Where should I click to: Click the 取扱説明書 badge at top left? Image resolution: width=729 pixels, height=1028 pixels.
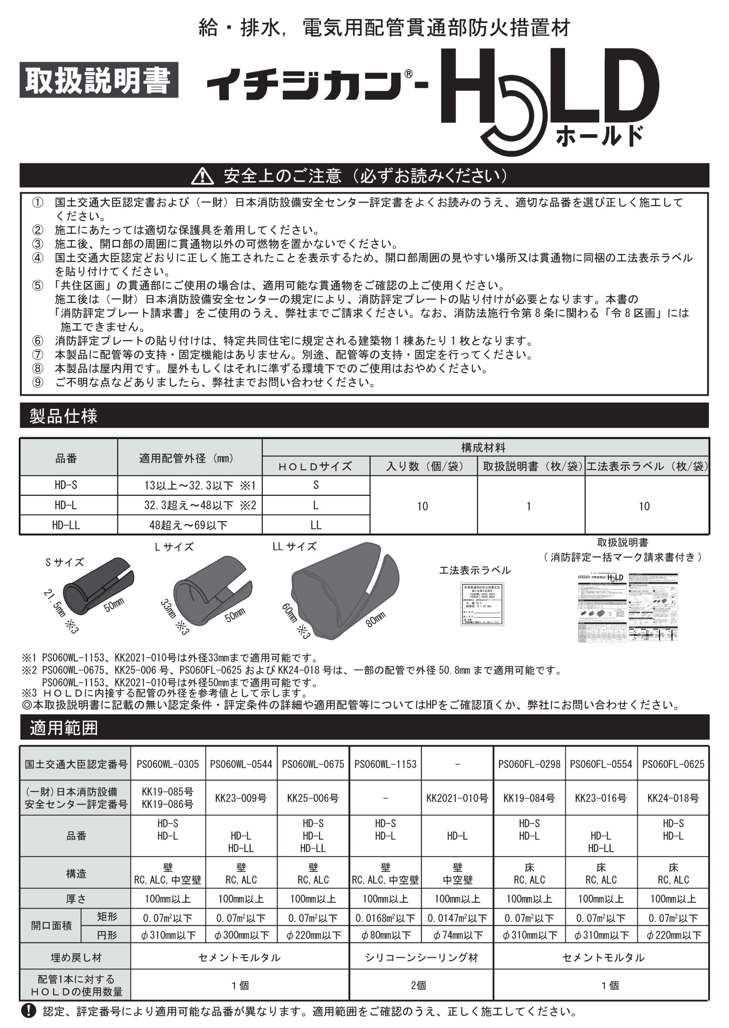coord(99,81)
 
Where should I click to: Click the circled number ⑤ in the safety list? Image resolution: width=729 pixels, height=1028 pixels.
coord(38,286)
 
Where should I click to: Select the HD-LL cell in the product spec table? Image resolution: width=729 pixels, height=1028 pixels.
coord(66,525)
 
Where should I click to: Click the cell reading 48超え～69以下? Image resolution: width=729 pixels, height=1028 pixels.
coord(188,525)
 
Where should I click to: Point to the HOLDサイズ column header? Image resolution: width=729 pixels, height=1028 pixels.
coord(315,467)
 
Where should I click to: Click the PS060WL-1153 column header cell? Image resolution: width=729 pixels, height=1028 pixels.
coord(385,764)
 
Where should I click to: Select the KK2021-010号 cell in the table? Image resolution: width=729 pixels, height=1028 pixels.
coord(457,798)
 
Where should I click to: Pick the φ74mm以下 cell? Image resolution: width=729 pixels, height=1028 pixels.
coord(457,935)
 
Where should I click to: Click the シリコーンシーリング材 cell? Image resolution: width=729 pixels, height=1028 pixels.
coord(421,958)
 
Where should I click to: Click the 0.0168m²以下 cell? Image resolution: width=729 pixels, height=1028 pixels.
coord(385,918)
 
